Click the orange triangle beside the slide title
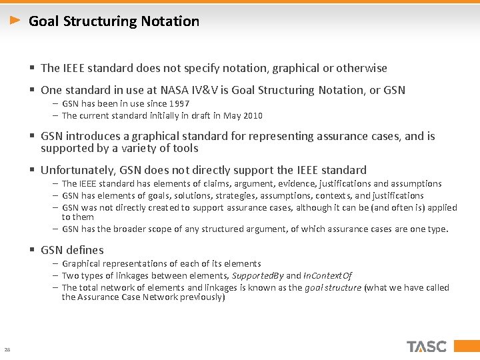pos(15,21)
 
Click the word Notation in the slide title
pos(169,21)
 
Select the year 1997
pos(178,104)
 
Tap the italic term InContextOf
pos(328,276)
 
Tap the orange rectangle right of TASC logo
pos(460,346)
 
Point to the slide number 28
pos(7,349)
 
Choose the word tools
pos(183,148)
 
